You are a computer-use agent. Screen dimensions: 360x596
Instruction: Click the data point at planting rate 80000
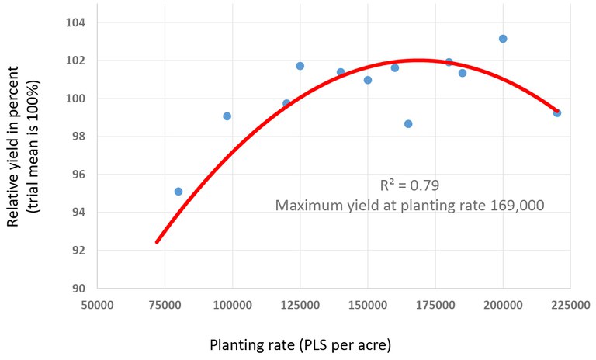(x=178, y=192)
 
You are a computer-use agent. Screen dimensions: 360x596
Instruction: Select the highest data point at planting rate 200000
(x=503, y=39)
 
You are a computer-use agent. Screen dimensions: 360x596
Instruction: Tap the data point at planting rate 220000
(x=557, y=113)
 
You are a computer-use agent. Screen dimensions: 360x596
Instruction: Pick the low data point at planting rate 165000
(x=408, y=124)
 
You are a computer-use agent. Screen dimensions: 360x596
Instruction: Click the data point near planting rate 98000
(x=227, y=116)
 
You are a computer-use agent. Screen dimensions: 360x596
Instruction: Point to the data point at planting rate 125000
(x=300, y=66)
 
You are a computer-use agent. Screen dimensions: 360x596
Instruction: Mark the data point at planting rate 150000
(x=368, y=80)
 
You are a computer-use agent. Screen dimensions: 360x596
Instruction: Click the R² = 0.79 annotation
(x=410, y=186)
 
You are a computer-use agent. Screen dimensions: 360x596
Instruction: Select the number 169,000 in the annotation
(x=515, y=206)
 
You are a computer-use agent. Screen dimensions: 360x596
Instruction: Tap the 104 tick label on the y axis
(x=76, y=22)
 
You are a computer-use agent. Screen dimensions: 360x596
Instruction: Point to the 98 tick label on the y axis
(x=79, y=137)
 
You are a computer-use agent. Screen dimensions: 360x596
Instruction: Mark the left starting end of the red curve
(x=158, y=242)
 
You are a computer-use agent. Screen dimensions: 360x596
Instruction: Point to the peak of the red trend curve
(x=419, y=60)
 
